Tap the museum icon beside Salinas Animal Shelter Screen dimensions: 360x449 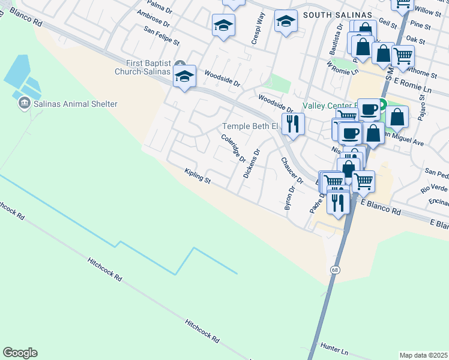(x=24, y=104)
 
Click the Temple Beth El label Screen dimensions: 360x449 (x=250, y=126)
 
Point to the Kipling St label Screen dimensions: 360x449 (x=197, y=176)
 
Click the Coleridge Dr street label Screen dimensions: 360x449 (x=234, y=148)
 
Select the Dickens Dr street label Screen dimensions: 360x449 (x=251, y=164)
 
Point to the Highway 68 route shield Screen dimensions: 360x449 (x=334, y=271)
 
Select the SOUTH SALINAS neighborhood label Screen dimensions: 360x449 (x=337, y=14)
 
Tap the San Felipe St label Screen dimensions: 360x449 (x=162, y=35)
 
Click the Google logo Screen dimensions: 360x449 (x=20, y=353)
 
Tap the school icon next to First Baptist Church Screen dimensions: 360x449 (x=184, y=76)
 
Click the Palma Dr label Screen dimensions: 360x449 (x=160, y=5)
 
